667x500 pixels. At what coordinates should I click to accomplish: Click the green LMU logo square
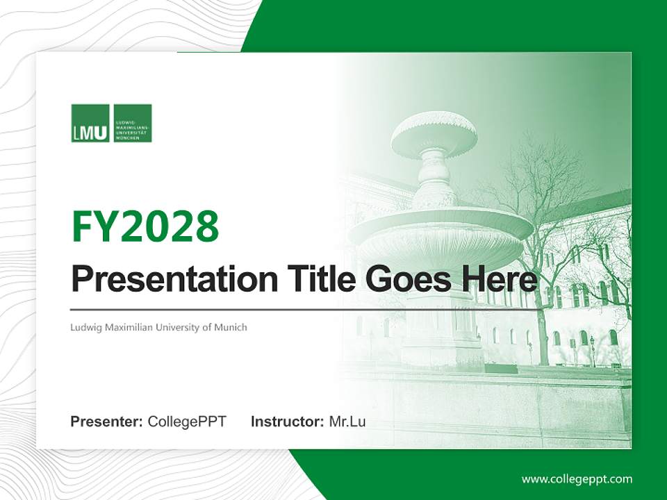click(x=90, y=123)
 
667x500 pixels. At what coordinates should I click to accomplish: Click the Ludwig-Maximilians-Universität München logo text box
click(x=133, y=123)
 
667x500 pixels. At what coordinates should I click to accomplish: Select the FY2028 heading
click(x=145, y=226)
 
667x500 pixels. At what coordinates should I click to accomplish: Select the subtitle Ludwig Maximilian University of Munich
click(x=158, y=327)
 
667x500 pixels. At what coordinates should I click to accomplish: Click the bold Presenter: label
click(x=107, y=422)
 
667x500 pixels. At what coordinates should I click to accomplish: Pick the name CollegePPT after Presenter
click(x=187, y=422)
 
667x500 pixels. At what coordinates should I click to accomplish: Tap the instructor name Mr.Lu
click(x=347, y=422)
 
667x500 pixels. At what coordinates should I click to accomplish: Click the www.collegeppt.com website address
click(x=577, y=478)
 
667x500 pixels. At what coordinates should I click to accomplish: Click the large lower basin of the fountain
click(x=440, y=233)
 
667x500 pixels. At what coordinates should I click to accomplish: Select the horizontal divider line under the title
click(x=306, y=310)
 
